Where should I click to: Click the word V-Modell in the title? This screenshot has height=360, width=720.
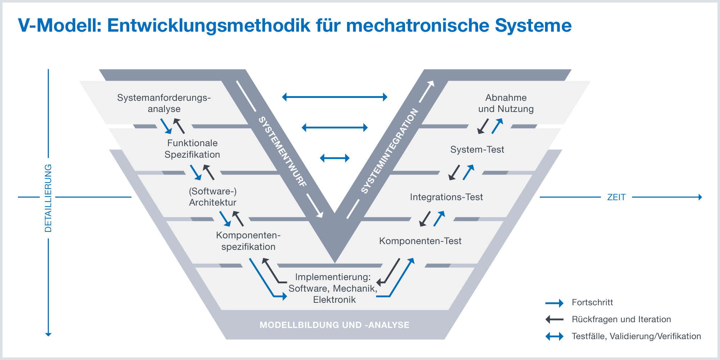tap(59, 26)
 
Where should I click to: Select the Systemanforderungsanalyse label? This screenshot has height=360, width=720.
tap(164, 103)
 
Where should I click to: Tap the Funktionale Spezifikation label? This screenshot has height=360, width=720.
tap(192, 149)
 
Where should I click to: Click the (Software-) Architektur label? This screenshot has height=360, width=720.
tap(213, 197)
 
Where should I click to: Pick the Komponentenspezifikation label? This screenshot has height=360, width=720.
tap(248, 241)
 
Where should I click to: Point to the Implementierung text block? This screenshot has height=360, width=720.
tap(334, 288)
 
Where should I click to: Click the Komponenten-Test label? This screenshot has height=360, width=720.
tap(420, 241)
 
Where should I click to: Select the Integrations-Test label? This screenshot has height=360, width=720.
tap(446, 197)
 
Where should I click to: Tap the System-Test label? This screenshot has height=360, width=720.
tap(477, 149)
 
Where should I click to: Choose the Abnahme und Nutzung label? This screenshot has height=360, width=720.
tap(506, 103)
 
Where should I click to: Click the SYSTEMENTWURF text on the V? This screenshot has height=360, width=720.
tap(283, 152)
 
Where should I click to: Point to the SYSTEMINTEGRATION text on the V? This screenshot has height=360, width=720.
tap(390, 151)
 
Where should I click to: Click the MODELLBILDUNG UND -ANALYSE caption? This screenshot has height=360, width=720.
tap(334, 325)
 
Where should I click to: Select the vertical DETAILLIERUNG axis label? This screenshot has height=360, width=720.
tap(48, 198)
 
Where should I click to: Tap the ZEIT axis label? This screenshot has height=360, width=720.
tap(616, 197)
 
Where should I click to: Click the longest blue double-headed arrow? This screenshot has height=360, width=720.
tap(334, 97)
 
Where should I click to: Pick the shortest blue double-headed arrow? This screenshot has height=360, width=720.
tap(334, 158)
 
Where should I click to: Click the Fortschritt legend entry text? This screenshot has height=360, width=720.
tap(592, 302)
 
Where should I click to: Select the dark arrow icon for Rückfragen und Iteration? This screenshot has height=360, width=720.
tap(554, 319)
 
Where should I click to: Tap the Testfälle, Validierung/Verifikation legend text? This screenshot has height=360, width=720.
tap(636, 336)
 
